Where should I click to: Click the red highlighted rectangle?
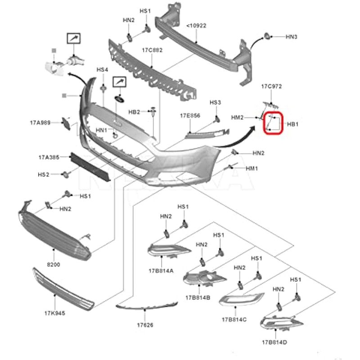point(273,123)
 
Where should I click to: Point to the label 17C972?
point(271,86)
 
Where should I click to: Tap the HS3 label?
point(215,103)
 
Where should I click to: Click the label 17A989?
point(40,122)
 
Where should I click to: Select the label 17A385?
point(49,157)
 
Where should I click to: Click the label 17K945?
point(54,313)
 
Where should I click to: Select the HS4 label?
point(103,70)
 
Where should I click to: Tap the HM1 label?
point(252,168)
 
